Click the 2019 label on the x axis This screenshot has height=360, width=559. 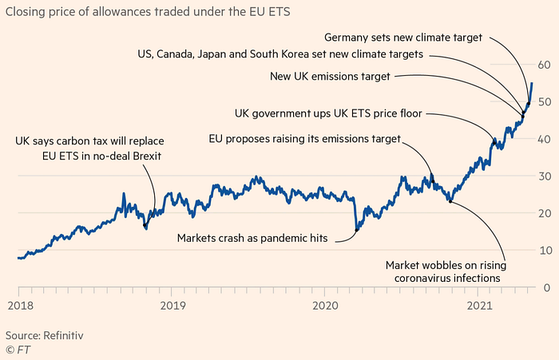(x=172, y=306)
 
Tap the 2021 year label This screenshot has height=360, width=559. (x=479, y=306)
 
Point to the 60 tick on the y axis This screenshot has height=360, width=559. (x=544, y=65)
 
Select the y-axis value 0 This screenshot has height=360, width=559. (x=547, y=287)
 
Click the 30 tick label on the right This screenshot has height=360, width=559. (x=544, y=176)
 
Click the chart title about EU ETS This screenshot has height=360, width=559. (x=148, y=12)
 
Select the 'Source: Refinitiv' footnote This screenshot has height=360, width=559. (x=44, y=335)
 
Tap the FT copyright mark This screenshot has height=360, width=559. (x=18, y=350)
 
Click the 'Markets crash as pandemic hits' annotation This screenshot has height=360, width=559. (x=252, y=238)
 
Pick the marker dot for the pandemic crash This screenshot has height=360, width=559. (x=356, y=230)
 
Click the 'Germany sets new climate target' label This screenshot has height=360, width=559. (x=402, y=38)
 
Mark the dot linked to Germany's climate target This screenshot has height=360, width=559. (x=529, y=104)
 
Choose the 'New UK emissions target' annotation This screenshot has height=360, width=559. (x=330, y=77)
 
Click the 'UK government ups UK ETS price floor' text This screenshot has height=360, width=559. (x=328, y=113)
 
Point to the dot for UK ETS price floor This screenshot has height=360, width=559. (x=494, y=143)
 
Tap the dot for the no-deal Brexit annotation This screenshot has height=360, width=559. (x=145, y=225)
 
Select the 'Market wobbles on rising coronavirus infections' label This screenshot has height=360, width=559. (x=446, y=271)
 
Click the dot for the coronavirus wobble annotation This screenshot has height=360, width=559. (x=450, y=201)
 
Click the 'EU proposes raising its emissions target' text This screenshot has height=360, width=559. (x=305, y=139)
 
